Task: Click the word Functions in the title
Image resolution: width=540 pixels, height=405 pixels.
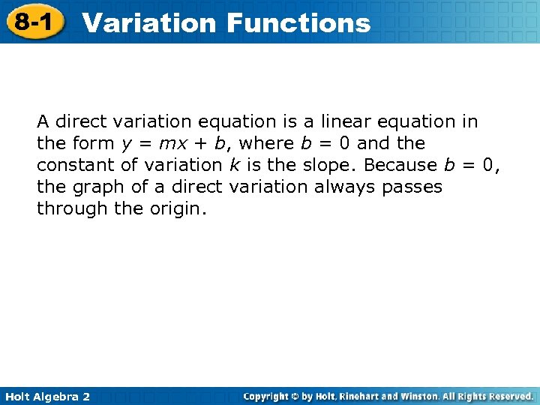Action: click(x=298, y=22)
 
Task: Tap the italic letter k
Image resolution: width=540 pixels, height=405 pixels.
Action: click(x=234, y=165)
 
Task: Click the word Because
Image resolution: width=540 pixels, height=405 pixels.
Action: click(x=400, y=165)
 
